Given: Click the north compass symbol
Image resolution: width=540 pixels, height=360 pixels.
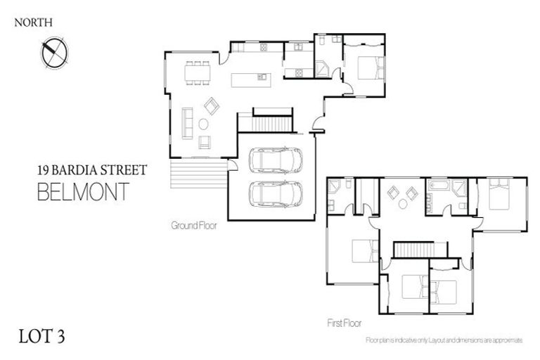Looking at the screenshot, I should point(53,52).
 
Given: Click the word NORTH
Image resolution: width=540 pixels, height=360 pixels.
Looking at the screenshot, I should point(34,22).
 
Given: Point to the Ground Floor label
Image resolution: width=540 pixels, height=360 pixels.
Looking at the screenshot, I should point(193,226).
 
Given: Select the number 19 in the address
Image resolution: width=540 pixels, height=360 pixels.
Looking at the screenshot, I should point(44,170).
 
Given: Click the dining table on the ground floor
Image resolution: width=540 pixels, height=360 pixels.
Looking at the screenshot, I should point(197,73).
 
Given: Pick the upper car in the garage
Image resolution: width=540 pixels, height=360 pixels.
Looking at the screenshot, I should point(276,160).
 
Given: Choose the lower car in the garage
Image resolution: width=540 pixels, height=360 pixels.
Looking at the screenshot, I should point(276,193).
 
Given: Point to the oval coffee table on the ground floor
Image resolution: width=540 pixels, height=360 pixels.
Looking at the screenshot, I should point(204,124).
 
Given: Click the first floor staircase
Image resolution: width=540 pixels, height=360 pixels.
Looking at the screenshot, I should point(419,250).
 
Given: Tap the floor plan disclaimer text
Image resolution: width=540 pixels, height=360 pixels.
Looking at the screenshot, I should point(444,340).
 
